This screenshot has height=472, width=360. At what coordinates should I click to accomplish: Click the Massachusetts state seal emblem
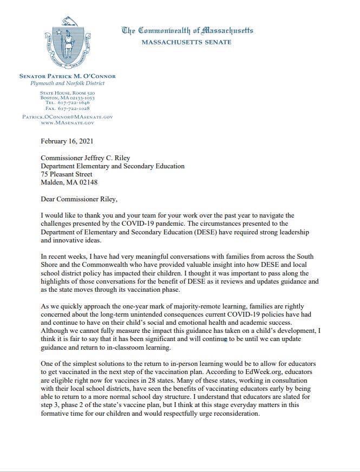[68, 42]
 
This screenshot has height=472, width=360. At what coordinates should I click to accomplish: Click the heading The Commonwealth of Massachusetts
[188, 30]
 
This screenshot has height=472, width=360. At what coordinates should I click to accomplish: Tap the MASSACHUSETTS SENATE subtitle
[187, 42]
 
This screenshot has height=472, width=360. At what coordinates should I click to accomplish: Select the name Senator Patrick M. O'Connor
[68, 76]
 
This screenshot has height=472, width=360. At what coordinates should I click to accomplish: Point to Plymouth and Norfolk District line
[68, 83]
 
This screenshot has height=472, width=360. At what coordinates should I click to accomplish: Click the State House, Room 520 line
[68, 93]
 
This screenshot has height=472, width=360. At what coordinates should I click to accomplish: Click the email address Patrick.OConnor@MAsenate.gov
[68, 117]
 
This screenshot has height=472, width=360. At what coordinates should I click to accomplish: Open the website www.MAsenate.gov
[68, 123]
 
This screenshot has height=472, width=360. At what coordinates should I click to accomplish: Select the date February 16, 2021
[67, 142]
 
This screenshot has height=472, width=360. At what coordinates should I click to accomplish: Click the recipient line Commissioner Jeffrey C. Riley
[86, 158]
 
